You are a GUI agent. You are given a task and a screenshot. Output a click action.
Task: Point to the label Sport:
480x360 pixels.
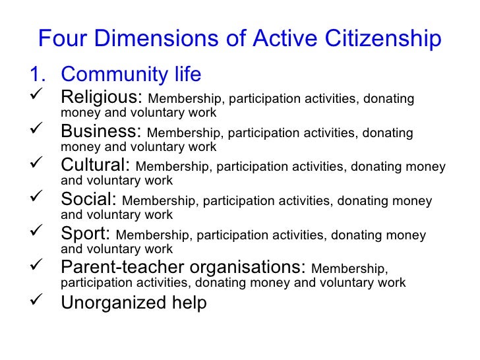point(86,234)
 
